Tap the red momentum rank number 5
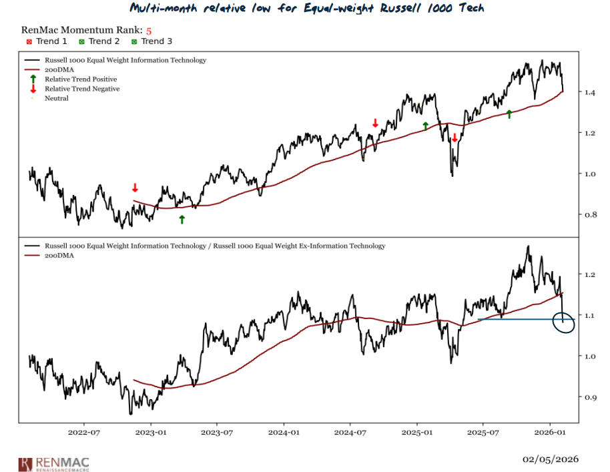coord(149,31)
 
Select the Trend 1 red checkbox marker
coord(29,41)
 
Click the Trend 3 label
coord(156,41)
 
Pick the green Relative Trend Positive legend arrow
coord(33,79)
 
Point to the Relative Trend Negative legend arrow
coord(33,88)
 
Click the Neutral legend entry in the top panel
coord(56,98)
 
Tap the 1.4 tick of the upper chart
coord(589,92)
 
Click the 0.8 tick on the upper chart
coord(589,215)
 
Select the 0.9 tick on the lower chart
coord(589,397)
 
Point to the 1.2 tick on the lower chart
coord(589,275)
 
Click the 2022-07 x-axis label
coord(84,433)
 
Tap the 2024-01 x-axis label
coord(284,433)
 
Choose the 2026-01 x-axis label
coord(551,433)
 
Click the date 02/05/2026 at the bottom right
coord(551,459)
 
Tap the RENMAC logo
coord(54,463)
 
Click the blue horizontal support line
coord(514,320)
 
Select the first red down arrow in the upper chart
coord(135,188)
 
